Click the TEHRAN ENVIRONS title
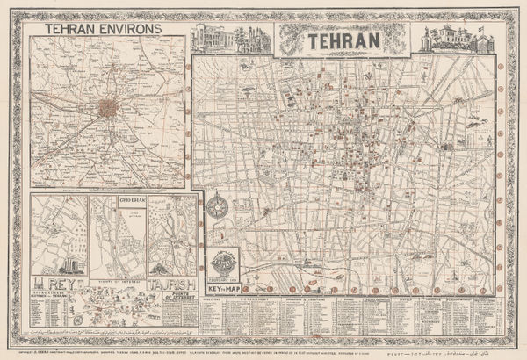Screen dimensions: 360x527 95,27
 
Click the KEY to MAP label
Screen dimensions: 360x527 223,287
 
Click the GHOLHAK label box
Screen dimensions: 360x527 128,201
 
